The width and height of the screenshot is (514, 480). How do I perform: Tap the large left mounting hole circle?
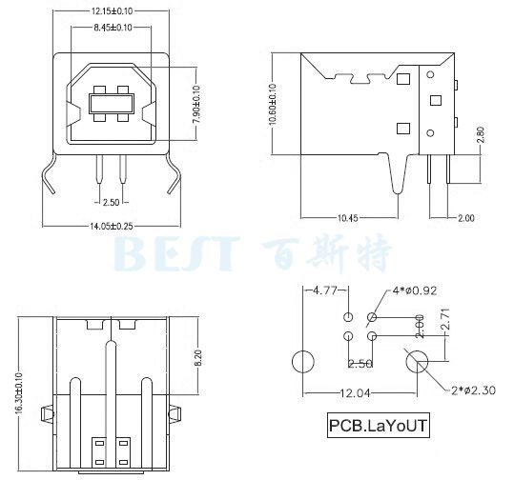(302, 362)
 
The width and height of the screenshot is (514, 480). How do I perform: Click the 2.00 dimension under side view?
(464, 218)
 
